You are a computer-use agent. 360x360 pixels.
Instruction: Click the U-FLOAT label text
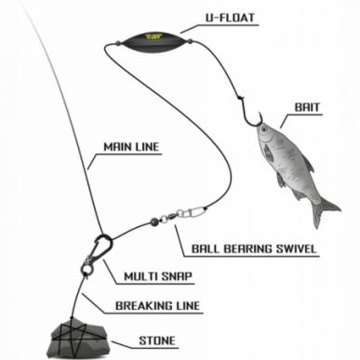230,18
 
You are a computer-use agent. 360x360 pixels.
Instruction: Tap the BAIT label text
307,107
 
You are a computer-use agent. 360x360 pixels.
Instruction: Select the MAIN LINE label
131,146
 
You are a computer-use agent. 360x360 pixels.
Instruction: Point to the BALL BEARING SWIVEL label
254,248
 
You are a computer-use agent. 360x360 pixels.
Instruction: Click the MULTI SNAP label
158,276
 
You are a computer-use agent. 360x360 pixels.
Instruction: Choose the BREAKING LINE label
158,306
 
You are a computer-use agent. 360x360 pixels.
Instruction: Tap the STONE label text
157,340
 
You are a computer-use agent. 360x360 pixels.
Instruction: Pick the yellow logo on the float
153,36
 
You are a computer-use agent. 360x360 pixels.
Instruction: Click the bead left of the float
117,44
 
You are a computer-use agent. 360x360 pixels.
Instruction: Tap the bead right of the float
190,41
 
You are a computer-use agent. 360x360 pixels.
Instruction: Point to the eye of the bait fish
263,128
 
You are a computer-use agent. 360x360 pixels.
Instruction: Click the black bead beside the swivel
154,221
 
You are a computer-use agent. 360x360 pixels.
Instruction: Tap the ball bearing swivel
183,214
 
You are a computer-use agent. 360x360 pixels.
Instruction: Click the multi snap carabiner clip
102,247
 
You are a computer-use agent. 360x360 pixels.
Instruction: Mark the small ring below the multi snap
87,269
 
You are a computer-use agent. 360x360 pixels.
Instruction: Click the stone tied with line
78,340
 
